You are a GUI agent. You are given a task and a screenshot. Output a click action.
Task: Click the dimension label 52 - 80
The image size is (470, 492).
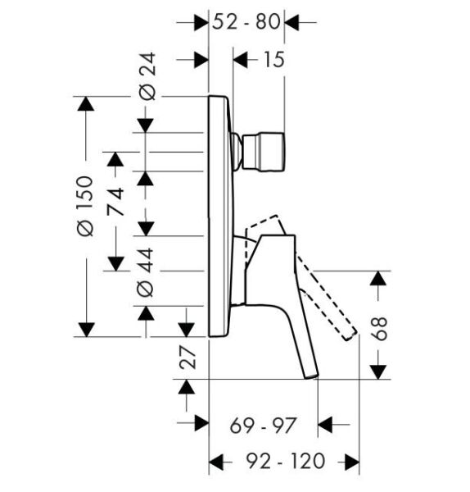(246, 22)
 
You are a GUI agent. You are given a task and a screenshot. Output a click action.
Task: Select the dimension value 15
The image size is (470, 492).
(274, 59)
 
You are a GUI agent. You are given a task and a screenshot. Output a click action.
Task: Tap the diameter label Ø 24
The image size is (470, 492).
(147, 76)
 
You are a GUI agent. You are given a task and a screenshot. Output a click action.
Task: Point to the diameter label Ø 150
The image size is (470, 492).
(85, 206)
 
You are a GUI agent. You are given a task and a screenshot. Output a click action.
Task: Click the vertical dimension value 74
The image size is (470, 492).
(115, 202)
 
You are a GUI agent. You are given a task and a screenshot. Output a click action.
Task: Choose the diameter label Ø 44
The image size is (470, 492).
(146, 272)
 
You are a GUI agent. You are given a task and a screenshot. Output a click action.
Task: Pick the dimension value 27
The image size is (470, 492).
(188, 358)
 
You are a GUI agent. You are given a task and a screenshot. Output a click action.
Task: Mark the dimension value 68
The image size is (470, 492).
(379, 329)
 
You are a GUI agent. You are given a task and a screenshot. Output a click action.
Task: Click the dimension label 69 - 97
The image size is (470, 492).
(263, 426)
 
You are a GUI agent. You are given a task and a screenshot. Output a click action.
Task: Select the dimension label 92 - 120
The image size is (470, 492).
(286, 461)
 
